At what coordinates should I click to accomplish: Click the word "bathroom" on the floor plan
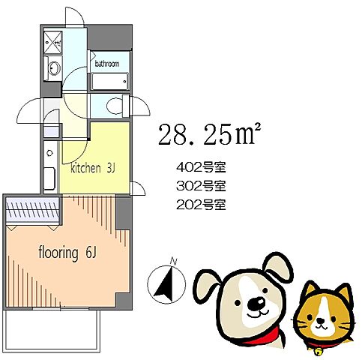tap(106, 64)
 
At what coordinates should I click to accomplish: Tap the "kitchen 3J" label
tap(92, 169)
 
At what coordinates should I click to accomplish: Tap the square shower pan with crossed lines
tap(53, 42)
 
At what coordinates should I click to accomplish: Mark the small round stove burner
tap(49, 153)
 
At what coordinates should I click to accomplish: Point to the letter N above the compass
tap(172, 261)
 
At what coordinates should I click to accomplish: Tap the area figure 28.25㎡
tap(208, 136)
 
